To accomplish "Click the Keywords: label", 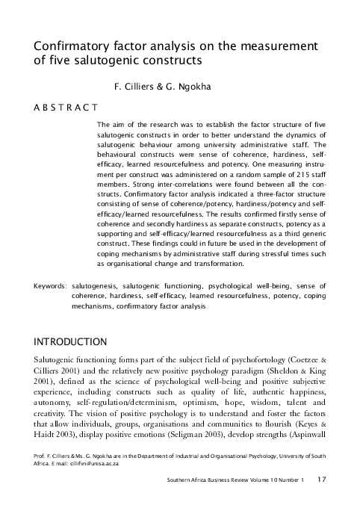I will point(51,285).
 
